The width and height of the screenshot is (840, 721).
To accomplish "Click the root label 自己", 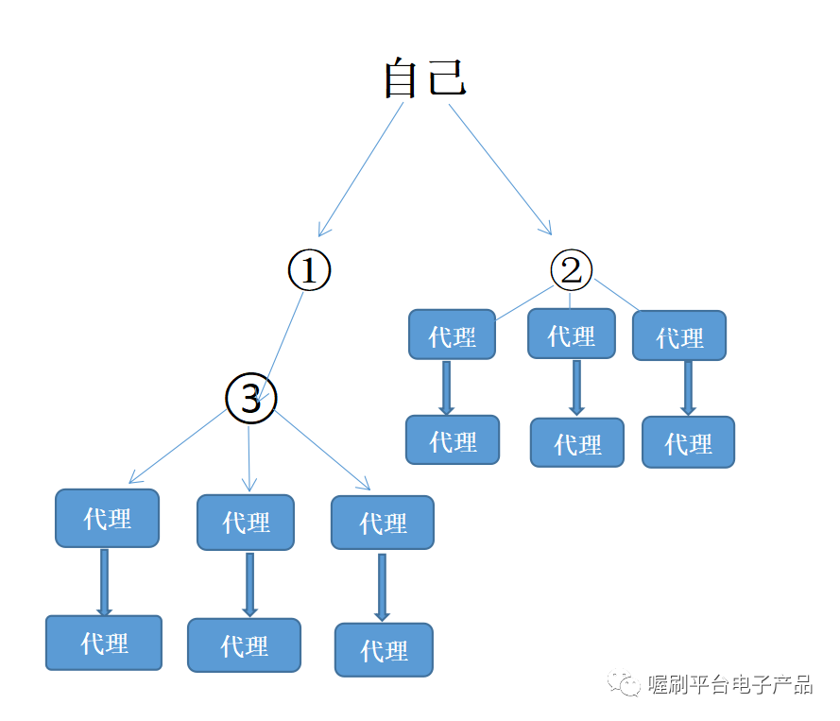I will tap(425, 78).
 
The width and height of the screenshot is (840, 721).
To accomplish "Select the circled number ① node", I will tap(309, 271).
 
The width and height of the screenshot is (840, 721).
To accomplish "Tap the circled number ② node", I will tap(571, 271).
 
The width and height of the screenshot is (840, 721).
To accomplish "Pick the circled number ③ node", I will tap(250, 399).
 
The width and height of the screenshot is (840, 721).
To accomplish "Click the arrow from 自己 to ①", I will tap(361, 169).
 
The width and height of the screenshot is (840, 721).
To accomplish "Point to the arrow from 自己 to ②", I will tap(500, 168).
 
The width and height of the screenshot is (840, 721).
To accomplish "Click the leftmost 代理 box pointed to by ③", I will tap(107, 518).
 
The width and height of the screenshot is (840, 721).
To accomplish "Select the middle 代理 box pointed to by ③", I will tap(246, 522).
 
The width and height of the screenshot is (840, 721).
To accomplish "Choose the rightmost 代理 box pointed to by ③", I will tap(383, 523).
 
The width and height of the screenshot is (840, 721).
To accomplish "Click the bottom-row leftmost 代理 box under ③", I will tap(104, 644).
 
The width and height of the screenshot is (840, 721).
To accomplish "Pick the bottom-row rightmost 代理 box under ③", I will tap(384, 650).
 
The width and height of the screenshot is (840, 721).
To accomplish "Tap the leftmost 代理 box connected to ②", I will tap(452, 335).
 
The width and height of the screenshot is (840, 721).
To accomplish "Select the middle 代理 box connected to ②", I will tap(571, 335).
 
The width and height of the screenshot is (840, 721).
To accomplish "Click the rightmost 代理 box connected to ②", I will tap(679, 336).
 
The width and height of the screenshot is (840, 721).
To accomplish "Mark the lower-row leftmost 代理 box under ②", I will tap(453, 440).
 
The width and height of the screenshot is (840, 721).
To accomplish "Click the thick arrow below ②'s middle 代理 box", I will tap(576, 387).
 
